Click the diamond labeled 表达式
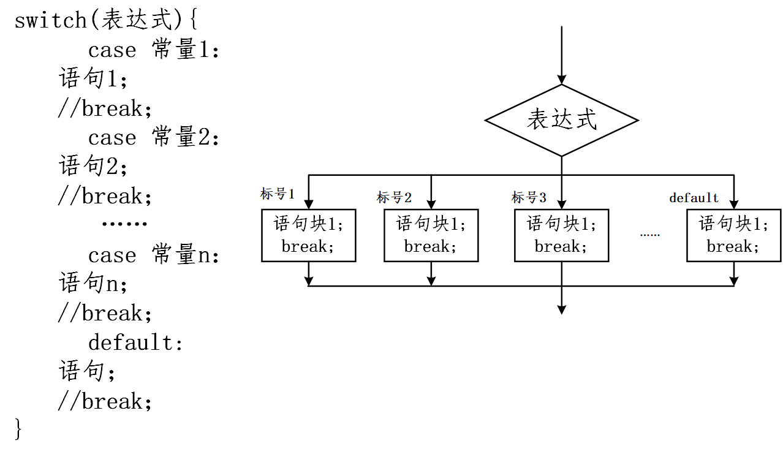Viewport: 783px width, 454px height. click(561, 120)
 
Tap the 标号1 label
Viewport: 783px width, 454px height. click(278, 194)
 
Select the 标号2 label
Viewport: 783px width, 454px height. click(394, 197)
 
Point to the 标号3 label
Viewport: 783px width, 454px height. click(528, 197)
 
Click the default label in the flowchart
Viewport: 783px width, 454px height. click(694, 198)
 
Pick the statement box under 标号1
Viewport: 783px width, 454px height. click(308, 235)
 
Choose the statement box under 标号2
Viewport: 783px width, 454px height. click(431, 235)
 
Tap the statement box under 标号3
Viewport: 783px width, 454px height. click(561, 235)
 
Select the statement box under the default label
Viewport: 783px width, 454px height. click(733, 235)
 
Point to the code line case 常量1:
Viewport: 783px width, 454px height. click(153, 50)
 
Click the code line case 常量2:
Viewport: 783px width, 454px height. click(153, 137)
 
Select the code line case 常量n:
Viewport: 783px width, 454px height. click(153, 255)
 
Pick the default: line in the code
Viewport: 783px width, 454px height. click(135, 342)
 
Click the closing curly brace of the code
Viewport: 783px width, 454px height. click(18, 429)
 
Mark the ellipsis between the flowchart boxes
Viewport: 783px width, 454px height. click(649, 235)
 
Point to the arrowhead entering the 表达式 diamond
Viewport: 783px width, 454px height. click(561, 80)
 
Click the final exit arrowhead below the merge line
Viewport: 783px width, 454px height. click(561, 309)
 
